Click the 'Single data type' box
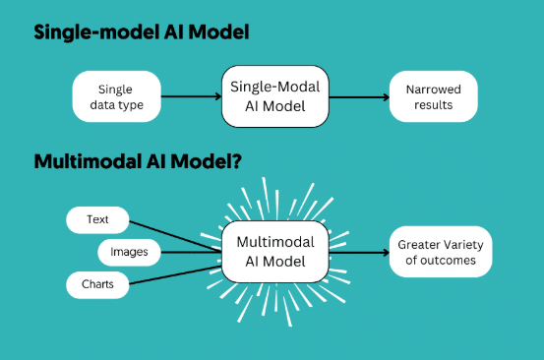(116, 96)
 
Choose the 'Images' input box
(129, 253)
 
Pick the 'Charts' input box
(96, 285)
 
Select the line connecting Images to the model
(191, 253)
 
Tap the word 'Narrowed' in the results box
(426, 89)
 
